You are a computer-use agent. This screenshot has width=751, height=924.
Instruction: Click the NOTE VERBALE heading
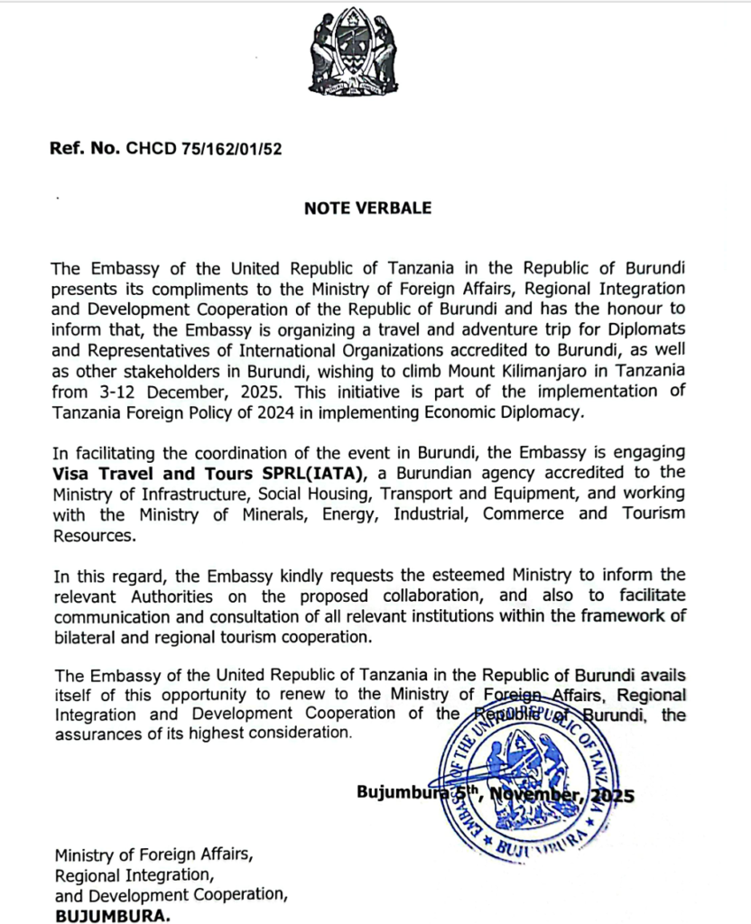pos(367,208)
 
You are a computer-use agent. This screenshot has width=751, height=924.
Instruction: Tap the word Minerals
pos(240,514)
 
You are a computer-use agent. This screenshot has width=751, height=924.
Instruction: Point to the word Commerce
pos(527,514)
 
